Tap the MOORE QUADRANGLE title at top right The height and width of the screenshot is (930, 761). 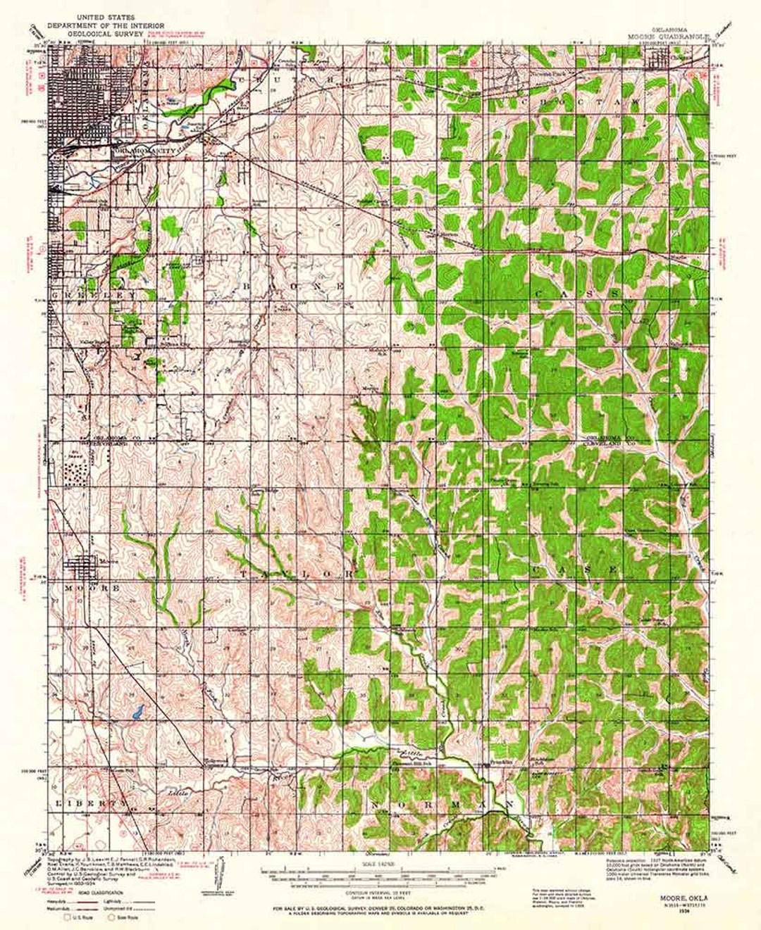pyautogui.click(x=660, y=34)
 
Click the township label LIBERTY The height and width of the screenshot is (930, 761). pyautogui.click(x=89, y=803)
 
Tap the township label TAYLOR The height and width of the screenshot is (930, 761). pyautogui.click(x=295, y=574)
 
